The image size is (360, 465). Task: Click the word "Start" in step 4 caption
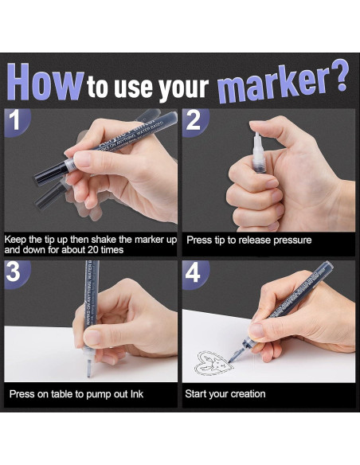point(196,393)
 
